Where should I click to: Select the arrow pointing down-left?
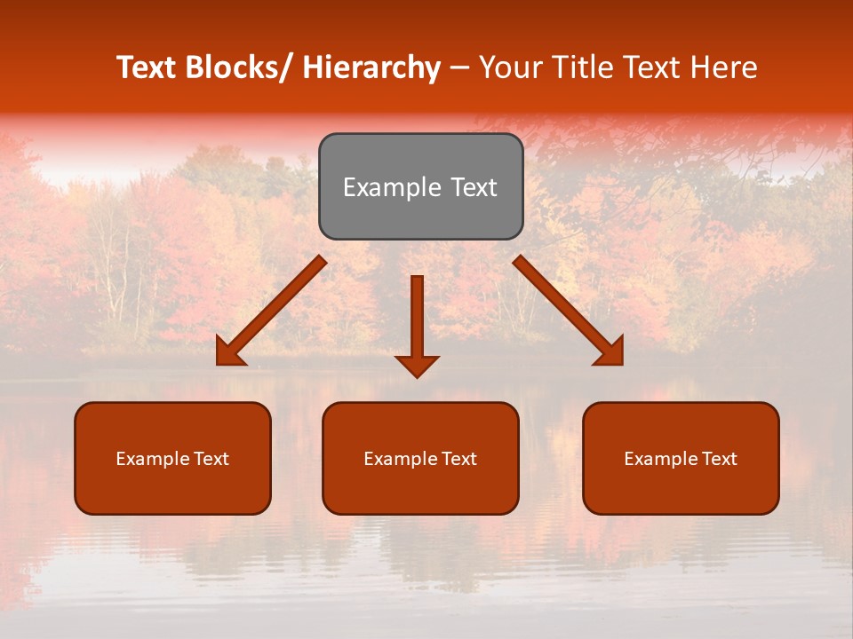(x=271, y=311)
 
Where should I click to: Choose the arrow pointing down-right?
(x=569, y=311)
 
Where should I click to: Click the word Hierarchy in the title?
(x=371, y=67)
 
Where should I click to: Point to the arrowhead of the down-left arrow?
(x=228, y=352)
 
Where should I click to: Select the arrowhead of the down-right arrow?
(x=611, y=352)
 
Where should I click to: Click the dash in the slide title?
(x=459, y=67)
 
